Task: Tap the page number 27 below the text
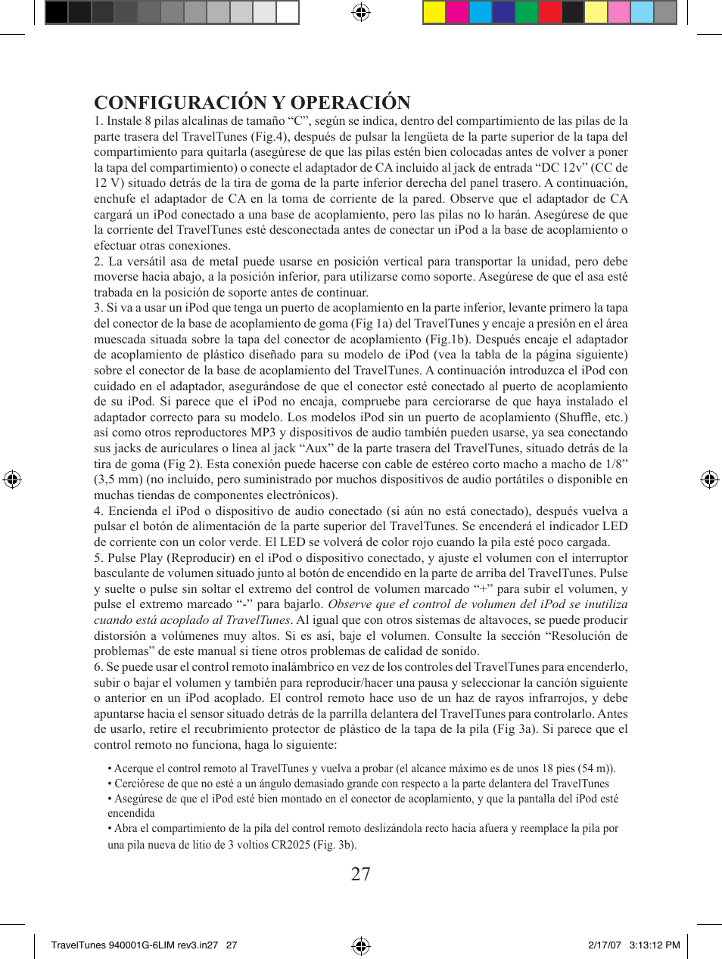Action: click(361, 874)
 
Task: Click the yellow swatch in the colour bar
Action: click(434, 12)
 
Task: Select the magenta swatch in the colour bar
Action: click(457, 12)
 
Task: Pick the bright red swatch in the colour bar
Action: click(549, 12)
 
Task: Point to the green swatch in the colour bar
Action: click(527, 12)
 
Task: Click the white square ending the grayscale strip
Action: click(287, 12)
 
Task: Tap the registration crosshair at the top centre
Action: click(361, 12)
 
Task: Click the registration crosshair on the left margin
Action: click(12, 479)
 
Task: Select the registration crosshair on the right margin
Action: click(709, 479)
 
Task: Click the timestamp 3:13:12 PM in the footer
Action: click(655, 945)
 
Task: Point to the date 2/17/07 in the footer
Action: click(605, 945)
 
